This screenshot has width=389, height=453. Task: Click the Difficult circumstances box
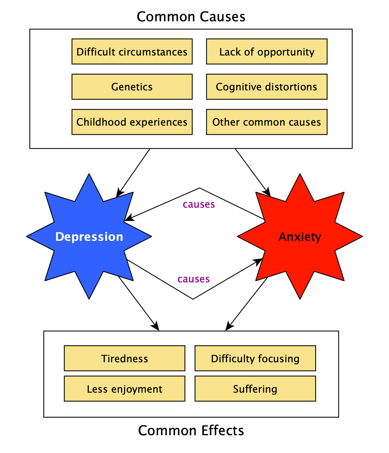pos(132,52)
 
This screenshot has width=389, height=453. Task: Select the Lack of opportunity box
pos(267,52)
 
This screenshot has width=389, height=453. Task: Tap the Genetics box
pos(132,87)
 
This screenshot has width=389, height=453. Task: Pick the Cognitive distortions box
pos(267,87)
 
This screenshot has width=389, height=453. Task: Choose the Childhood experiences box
pos(132,122)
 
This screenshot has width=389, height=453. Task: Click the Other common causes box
pos(267,122)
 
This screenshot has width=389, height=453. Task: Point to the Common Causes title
pos(191,16)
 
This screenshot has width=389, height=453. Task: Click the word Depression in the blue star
pos(89,237)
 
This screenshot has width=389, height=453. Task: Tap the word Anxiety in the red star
pos(300,237)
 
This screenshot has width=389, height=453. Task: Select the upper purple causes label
pos(199,204)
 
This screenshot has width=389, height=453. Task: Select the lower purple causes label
pos(193,279)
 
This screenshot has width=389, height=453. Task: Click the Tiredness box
pos(124,358)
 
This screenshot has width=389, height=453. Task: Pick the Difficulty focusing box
pos(255,358)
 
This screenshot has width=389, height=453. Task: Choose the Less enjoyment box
pos(124,389)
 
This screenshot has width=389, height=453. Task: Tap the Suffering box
pos(255,389)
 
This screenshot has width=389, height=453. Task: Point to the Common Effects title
pos(191,430)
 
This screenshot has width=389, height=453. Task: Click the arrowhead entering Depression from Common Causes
pos(119,193)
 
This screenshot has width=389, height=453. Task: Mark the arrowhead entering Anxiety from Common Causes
pos(267,192)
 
